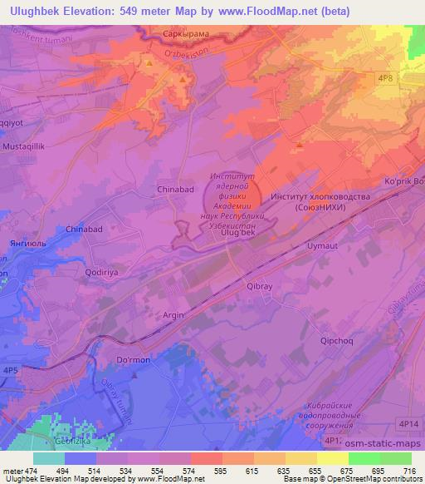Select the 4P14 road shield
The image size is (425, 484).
coord(408,424)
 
